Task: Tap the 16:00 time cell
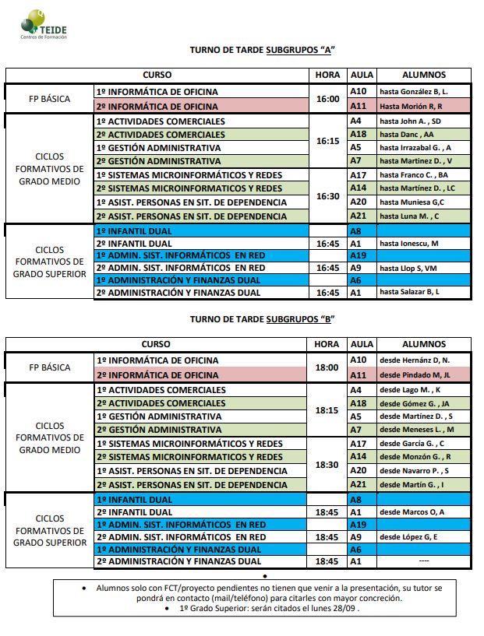(x=328, y=99)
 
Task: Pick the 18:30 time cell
(x=328, y=464)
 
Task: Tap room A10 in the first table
(x=358, y=92)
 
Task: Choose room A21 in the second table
(x=358, y=485)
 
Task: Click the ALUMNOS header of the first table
(x=423, y=75)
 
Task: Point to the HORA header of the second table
(x=327, y=344)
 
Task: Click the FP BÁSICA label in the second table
(x=49, y=367)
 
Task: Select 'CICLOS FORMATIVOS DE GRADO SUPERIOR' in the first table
(x=49, y=262)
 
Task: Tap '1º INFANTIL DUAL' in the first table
(x=134, y=231)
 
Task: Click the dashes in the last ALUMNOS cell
(x=424, y=561)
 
